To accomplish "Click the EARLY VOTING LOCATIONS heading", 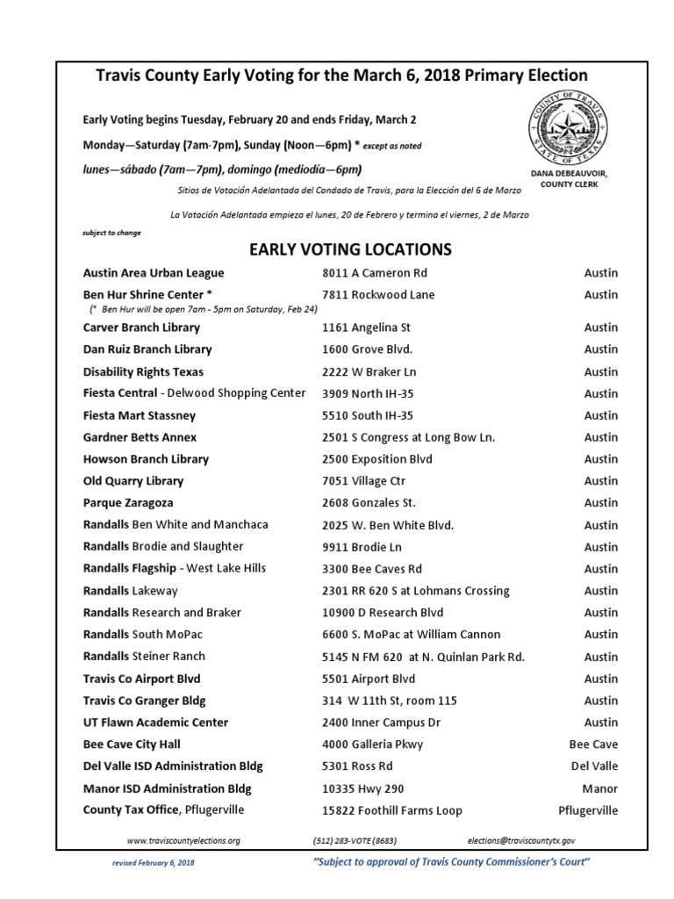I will point(350,249).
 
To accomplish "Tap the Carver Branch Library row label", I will point(141,327).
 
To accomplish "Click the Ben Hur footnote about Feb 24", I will point(203,310).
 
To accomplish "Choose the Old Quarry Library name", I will point(133,481).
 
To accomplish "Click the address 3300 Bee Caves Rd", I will point(372,569).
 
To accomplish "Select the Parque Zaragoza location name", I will point(128,503).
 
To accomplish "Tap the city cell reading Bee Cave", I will point(593,744).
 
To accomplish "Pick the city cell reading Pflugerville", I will point(588,810).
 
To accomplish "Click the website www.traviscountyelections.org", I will point(183,840).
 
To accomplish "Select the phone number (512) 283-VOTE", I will point(358,840).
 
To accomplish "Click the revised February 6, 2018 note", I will point(154,864).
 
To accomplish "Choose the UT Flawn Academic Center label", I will point(155,723).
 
